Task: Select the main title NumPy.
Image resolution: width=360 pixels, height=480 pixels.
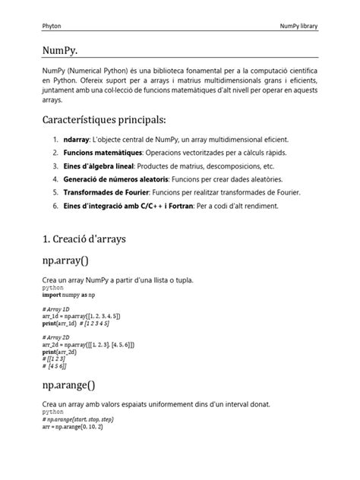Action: click(65, 50)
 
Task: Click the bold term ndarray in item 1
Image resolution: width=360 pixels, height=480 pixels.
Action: click(77, 141)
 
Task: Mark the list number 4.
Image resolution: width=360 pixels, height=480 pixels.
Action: click(55, 179)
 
